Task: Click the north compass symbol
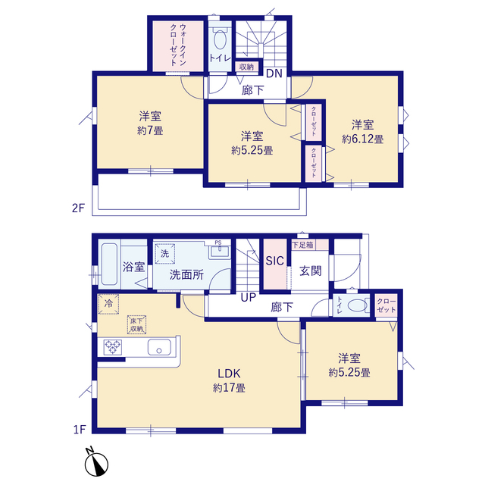[96, 464]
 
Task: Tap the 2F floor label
[78, 208]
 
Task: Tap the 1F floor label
[79, 430]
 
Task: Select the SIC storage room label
[274, 261]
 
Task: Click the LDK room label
[229, 374]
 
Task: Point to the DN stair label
[274, 74]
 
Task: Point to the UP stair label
[249, 298]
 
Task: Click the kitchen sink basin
[159, 347]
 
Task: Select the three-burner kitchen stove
[113, 347]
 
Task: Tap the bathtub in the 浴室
[109, 264]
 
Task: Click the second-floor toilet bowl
[220, 39]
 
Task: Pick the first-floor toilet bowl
[358, 305]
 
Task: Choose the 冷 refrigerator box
[108, 304]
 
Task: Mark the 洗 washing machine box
[165, 254]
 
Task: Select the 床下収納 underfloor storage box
[136, 325]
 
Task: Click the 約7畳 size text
[150, 130]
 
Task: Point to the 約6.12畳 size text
[362, 139]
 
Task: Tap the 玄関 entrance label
[311, 271]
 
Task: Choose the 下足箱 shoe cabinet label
[303, 245]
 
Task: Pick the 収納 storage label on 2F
[246, 67]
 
